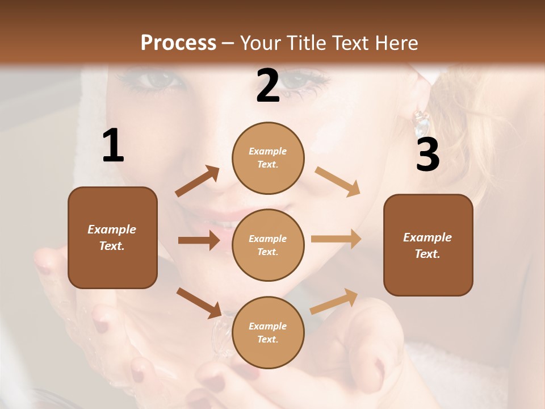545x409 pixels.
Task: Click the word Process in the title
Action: pyautogui.click(x=178, y=43)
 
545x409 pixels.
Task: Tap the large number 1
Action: pyautogui.click(x=113, y=146)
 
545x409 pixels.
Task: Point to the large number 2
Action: pyautogui.click(x=268, y=86)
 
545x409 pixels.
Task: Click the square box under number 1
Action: pyautogui.click(x=112, y=237)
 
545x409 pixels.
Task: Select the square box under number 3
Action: pyautogui.click(x=428, y=245)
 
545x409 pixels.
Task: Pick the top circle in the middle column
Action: pyautogui.click(x=268, y=158)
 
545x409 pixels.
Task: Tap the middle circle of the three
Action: pyautogui.click(x=268, y=245)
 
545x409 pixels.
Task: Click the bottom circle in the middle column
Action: pyautogui.click(x=268, y=332)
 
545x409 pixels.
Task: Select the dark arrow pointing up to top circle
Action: pyautogui.click(x=198, y=182)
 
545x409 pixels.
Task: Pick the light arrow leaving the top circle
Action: pyautogui.click(x=337, y=181)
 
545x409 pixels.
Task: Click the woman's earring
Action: pyautogui.click(x=421, y=122)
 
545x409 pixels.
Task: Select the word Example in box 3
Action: pyautogui.click(x=427, y=237)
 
